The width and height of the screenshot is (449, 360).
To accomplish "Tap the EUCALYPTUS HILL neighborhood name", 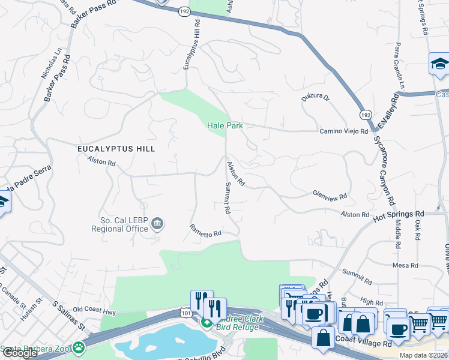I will (x=116, y=148).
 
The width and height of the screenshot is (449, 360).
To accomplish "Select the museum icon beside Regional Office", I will (x=157, y=224).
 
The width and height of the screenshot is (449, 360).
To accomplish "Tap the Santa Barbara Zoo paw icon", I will (x=79, y=347).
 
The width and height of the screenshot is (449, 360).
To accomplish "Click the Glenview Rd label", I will (x=330, y=196).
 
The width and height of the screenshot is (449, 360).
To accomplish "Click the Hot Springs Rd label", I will (x=399, y=214).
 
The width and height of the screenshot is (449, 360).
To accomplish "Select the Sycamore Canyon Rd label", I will (x=384, y=172).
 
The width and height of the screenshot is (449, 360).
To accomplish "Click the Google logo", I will (x=20, y=353).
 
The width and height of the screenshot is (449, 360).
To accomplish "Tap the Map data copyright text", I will (x=423, y=355).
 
